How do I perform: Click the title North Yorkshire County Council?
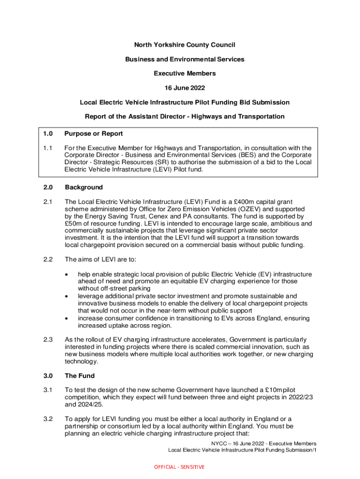point(184,45)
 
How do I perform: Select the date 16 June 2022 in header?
point(184,88)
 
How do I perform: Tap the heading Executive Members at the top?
point(184,73)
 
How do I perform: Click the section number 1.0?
point(48,134)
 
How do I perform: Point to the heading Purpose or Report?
point(94,134)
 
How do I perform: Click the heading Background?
point(84,188)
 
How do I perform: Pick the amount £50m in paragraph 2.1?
point(73,224)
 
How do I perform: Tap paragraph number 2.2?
point(48,260)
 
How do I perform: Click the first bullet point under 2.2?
point(68,274)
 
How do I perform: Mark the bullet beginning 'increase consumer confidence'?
point(68,318)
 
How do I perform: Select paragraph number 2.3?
point(48,340)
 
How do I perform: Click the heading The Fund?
point(79,376)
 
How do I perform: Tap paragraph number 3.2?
point(48,419)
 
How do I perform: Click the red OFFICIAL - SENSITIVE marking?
point(180,467)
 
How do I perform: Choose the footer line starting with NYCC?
point(263,443)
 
